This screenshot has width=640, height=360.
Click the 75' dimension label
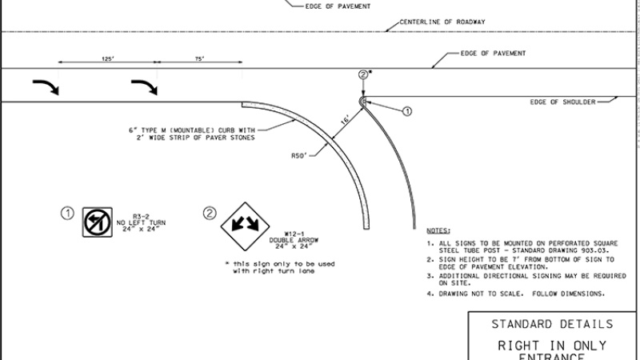click(198, 58)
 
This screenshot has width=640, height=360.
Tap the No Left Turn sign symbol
click(95, 222)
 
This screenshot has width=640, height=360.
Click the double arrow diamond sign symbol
click(239, 223)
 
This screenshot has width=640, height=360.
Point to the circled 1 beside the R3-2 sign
click(69, 213)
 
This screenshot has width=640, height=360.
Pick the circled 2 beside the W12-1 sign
click(210, 213)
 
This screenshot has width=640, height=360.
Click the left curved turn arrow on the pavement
click(45, 86)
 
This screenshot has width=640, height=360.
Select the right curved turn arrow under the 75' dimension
click(145, 86)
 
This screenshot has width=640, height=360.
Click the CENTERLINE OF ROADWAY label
click(442, 22)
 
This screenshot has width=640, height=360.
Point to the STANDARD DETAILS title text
click(552, 324)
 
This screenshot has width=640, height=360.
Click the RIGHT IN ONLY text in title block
click(552, 345)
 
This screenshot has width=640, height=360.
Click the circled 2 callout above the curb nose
click(363, 74)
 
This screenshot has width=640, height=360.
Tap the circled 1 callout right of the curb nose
click(406, 111)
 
